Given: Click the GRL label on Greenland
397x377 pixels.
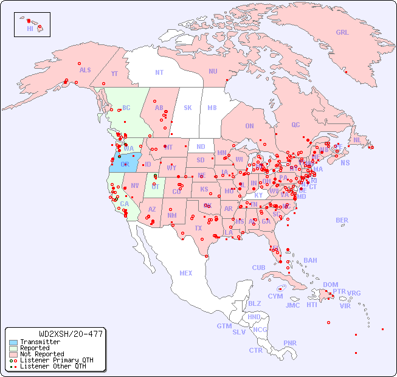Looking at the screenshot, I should (342, 33).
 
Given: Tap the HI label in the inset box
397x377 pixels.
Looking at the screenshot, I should (30, 29).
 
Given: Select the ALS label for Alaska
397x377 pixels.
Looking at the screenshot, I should (85, 71).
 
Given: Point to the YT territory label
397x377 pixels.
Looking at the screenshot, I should (114, 74).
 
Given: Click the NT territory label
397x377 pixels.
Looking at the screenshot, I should (159, 72).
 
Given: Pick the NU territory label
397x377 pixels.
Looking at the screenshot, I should (213, 71).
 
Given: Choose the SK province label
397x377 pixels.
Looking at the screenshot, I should (188, 108).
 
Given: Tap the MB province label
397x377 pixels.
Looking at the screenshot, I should (212, 108).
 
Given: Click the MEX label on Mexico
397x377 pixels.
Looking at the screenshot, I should (186, 273).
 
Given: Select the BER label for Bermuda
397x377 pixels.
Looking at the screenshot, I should (342, 220).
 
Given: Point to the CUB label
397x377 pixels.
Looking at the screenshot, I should (259, 268).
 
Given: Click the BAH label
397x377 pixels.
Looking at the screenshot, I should (310, 260).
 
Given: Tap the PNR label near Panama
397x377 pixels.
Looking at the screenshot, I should (290, 343).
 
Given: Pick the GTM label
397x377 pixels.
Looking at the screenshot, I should (224, 326).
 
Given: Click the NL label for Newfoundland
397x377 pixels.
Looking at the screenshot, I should (357, 140).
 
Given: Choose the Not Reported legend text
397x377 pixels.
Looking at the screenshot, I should (42, 354).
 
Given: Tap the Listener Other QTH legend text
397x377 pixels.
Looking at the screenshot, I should (52, 366).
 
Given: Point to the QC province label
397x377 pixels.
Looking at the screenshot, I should (295, 125).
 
